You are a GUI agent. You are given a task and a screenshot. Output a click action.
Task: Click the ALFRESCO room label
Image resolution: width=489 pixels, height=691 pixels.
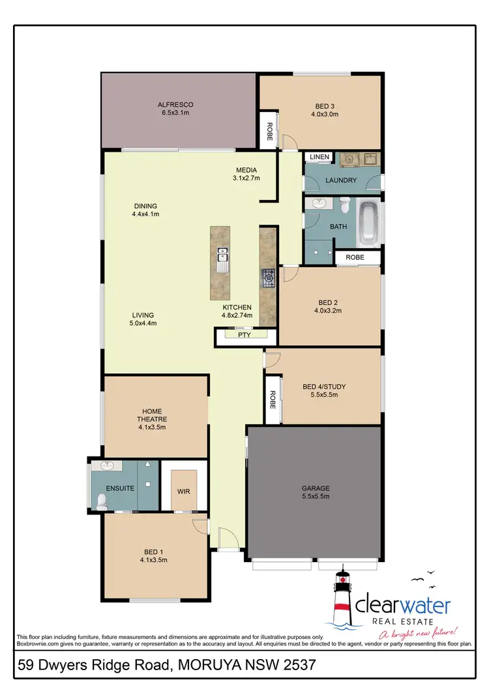(175, 104)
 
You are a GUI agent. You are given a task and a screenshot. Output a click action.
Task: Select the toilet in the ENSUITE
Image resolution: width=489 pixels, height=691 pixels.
(102, 501)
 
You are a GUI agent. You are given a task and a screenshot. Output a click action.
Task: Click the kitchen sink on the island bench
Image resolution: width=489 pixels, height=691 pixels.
(222, 259)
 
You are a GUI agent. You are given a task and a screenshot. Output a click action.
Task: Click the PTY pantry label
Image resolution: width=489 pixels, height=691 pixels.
(244, 335)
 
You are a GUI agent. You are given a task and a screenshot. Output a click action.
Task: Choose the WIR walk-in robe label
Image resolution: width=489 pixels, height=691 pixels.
(183, 492)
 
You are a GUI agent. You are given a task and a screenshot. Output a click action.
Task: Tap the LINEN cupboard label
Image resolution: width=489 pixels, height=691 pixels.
(319, 157)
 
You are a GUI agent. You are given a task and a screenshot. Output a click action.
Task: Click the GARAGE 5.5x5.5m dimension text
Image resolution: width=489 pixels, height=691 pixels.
(315, 497)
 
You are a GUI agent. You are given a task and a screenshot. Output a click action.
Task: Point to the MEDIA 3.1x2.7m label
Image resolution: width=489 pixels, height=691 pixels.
(247, 174)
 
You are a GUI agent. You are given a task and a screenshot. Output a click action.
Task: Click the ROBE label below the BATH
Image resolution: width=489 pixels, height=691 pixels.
(355, 257)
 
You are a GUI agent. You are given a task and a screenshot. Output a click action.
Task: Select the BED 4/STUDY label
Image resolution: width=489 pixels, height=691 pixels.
(324, 387)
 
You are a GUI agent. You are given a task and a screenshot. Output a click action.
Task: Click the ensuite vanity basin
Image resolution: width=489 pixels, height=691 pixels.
(106, 466)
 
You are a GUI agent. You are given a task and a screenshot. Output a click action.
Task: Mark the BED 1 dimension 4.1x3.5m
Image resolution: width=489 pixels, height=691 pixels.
(153, 559)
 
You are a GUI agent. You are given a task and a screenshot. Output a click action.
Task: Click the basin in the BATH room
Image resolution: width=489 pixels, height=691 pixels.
(319, 203)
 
